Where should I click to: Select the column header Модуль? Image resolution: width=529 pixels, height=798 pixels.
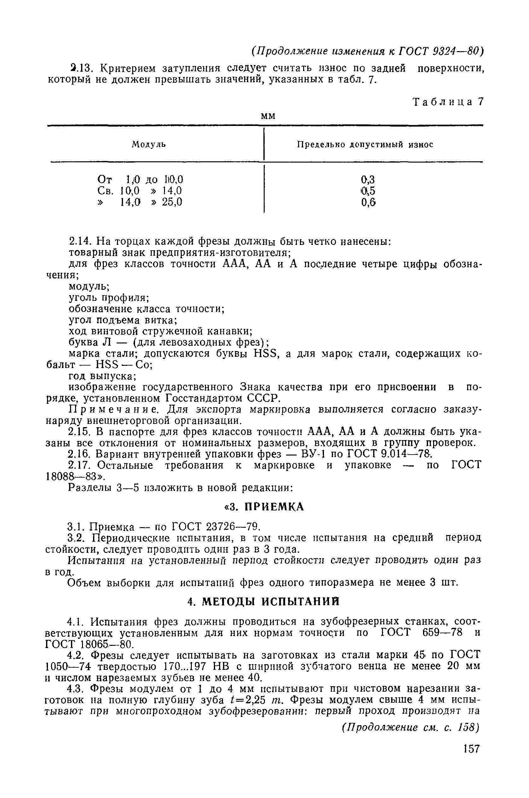pyautogui.click(x=149, y=145)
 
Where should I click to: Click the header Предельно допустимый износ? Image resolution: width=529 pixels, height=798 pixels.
pyautogui.click(x=365, y=145)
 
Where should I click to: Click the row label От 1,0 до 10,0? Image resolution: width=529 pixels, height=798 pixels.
pyautogui.click(x=140, y=179)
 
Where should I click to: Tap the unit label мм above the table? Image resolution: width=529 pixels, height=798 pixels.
pyautogui.click(x=268, y=116)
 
